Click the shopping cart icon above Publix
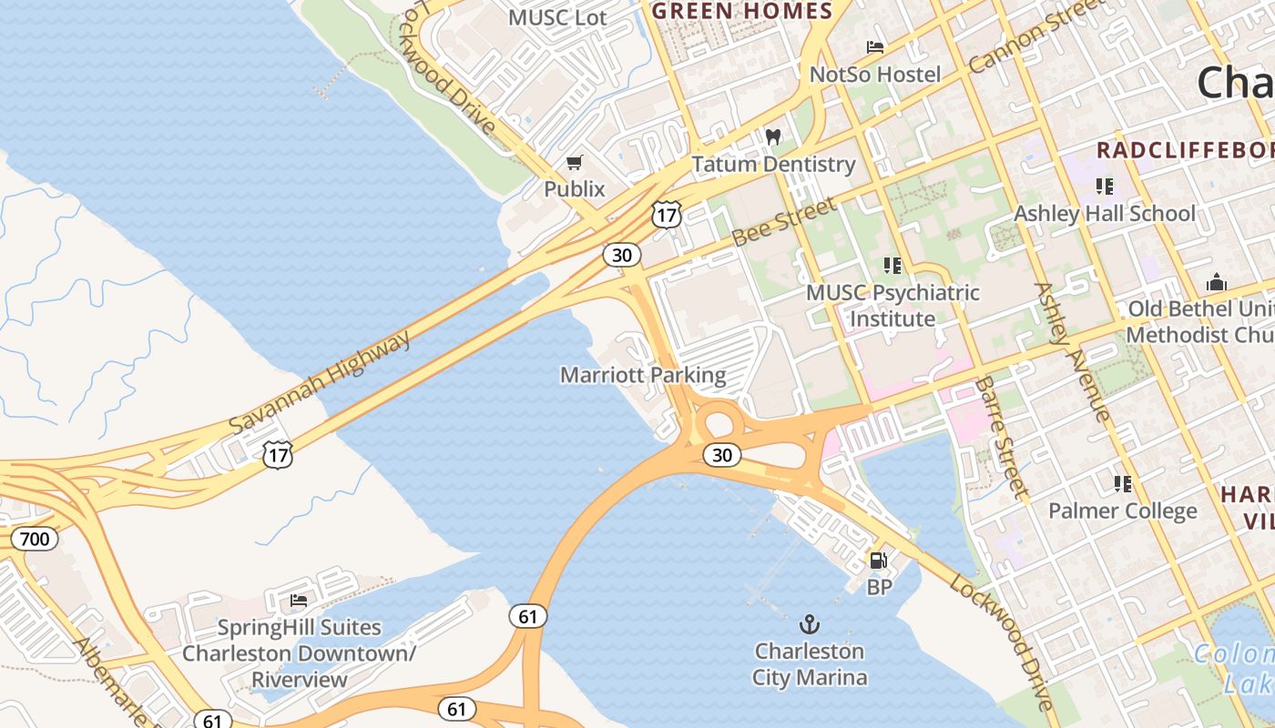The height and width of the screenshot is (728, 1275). [x=574, y=163]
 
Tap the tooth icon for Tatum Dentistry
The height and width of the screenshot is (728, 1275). [x=773, y=137]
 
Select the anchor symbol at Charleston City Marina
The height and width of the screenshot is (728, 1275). [x=809, y=624]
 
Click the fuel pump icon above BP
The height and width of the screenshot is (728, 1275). [x=878, y=561]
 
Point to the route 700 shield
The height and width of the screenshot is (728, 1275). [x=35, y=539]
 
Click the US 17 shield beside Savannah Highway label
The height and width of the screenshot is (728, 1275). [x=278, y=455]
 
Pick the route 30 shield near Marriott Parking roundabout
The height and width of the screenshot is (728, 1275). [x=722, y=454]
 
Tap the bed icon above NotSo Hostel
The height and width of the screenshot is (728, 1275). [x=874, y=47]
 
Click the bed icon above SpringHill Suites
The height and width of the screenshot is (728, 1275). [x=298, y=601]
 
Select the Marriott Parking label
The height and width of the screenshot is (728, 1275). [x=643, y=375]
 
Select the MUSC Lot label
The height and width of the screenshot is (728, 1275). [x=557, y=17]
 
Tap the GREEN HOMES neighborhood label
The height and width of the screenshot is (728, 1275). [x=742, y=11]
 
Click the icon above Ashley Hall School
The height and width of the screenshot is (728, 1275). [x=1105, y=187]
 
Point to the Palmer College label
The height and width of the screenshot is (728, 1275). [x=1122, y=511]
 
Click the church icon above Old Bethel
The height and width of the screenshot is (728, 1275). [x=1217, y=282]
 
